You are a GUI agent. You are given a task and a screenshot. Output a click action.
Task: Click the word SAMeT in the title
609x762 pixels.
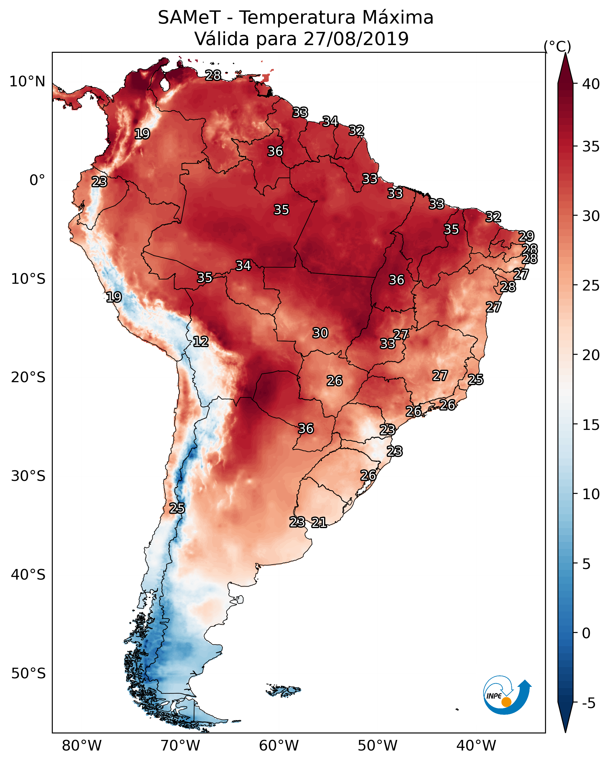click(189, 18)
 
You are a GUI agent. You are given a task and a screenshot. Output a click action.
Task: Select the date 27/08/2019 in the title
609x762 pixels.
click(356, 39)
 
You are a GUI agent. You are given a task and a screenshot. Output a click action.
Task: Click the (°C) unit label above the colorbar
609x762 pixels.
click(557, 46)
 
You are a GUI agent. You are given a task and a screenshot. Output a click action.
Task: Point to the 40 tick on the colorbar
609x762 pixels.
click(591, 84)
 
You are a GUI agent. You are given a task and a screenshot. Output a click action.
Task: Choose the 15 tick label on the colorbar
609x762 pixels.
click(591, 425)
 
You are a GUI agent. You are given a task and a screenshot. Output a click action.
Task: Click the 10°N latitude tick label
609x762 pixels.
click(27, 82)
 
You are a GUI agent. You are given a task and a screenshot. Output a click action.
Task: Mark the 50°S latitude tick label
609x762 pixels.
click(28, 673)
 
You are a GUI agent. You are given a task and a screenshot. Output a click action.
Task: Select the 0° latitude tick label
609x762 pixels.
click(37, 180)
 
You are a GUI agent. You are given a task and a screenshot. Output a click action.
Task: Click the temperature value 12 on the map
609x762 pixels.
click(201, 342)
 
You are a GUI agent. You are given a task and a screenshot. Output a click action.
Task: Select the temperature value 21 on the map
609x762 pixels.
click(319, 522)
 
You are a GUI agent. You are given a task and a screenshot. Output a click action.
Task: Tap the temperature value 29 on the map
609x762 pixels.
click(526, 236)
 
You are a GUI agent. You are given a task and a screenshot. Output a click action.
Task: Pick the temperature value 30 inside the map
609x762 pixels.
click(320, 333)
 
